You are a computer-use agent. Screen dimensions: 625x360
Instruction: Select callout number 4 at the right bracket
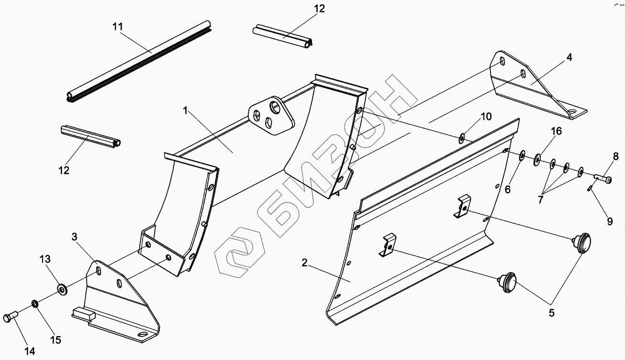point(569,57)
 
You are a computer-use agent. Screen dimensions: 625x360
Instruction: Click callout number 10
point(486,116)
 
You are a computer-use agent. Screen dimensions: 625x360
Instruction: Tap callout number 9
point(610,222)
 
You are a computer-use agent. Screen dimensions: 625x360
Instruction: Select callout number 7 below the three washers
point(540,200)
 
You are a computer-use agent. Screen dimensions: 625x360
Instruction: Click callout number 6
point(508,190)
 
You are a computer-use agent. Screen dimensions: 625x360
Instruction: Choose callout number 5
point(551,314)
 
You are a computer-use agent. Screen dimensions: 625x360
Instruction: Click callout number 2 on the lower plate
point(304,262)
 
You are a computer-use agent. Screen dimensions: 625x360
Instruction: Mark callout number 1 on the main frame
point(185,110)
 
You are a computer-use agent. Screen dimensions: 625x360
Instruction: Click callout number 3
point(74,236)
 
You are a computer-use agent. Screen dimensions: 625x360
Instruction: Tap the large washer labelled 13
point(62,289)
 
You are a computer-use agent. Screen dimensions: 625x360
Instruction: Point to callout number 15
point(56,340)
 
